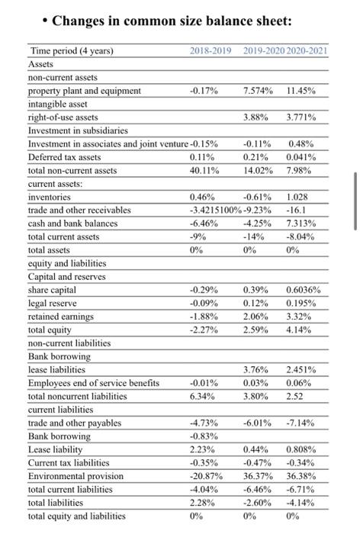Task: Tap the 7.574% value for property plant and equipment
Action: tap(259, 91)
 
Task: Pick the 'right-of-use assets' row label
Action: tap(63, 117)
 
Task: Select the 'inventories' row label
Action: tap(50, 197)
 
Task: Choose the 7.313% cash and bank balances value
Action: tap(301, 223)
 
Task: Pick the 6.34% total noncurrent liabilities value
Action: tap(201, 396)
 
